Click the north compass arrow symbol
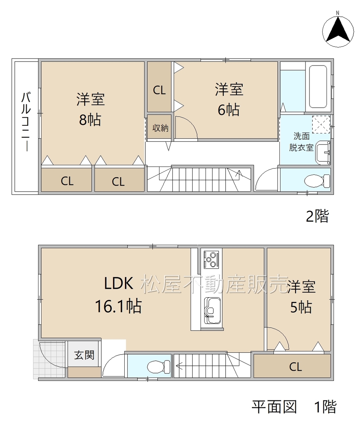tap(338, 30)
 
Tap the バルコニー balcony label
tap(26, 122)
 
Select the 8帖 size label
tap(90, 120)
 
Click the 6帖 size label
tap(229, 110)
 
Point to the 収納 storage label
tap(160, 128)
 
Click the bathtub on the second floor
tap(318, 87)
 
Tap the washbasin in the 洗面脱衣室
tap(323, 153)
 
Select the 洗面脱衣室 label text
tap(301, 142)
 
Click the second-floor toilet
tap(317, 181)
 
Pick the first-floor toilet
tap(158, 367)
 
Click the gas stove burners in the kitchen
tap(211, 260)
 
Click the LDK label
tap(118, 284)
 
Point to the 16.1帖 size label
tap(118, 306)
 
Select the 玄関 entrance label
tap(84, 355)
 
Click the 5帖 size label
tap(301, 307)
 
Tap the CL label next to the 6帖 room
tap(159, 90)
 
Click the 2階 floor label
tap(317, 216)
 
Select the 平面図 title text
tap(274, 407)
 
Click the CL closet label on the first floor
tap(295, 367)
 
